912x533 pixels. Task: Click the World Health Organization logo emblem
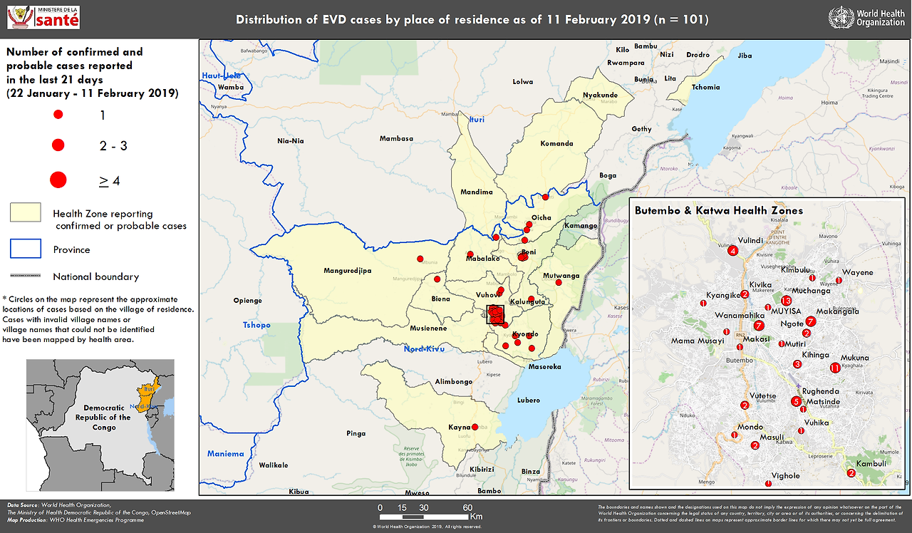[841, 18]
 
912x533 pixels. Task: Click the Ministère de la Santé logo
[43, 18]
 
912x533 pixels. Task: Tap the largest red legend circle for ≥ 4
[58, 180]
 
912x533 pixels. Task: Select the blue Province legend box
[25, 248]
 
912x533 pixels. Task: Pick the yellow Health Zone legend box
[25, 212]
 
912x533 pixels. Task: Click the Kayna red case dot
[475, 427]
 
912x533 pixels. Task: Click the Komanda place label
[556, 144]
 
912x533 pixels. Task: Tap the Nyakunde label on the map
[600, 95]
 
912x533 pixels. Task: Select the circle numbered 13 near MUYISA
[786, 301]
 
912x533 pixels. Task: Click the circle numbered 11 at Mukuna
[835, 368]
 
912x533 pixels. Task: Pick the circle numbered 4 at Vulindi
[732, 250]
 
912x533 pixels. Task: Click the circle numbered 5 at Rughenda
[796, 401]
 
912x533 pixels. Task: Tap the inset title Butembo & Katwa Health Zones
[718, 211]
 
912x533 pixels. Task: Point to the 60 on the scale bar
[467, 507]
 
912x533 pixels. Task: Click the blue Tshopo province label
[256, 325]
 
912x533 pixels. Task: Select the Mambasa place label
[396, 139]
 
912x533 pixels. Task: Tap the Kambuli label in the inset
[871, 463]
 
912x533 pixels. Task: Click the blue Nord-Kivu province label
[425, 349]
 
